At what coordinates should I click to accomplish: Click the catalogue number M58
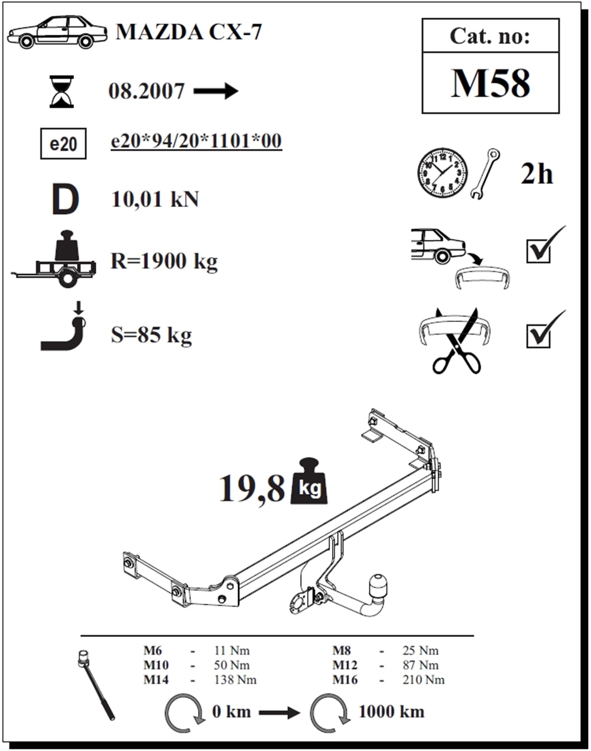[x=490, y=83]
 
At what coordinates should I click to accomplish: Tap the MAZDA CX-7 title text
[x=189, y=32]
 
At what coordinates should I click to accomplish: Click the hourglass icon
[x=62, y=92]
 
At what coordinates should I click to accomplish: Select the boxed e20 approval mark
[x=63, y=144]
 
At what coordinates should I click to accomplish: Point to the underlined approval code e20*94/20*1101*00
[x=196, y=141]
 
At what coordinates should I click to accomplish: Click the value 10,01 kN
[x=155, y=199]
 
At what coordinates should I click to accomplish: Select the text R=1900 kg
[x=164, y=261]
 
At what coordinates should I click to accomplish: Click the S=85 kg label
[x=151, y=335]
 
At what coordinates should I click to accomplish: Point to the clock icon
[x=443, y=173]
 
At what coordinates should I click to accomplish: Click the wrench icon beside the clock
[x=485, y=174]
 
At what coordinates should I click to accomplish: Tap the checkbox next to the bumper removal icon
[x=538, y=251]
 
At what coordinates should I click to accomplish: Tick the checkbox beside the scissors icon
[x=538, y=336]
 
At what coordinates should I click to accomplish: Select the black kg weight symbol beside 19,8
[x=309, y=481]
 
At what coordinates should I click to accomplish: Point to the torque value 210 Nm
[x=424, y=680]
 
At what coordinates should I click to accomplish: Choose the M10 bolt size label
[x=156, y=665]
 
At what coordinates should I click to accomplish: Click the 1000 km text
[x=391, y=711]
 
